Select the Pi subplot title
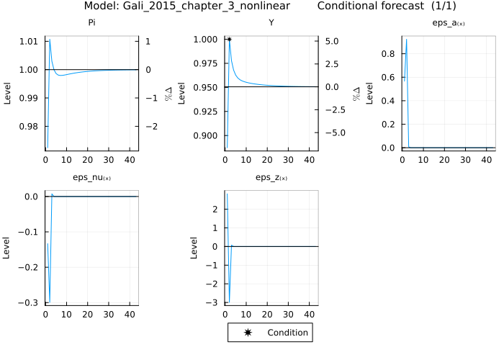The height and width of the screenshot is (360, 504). [x=91, y=22]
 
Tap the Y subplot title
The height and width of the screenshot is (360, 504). [x=271, y=22]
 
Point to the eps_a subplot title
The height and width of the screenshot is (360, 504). [x=448, y=22]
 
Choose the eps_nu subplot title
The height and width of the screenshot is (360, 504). [x=91, y=177]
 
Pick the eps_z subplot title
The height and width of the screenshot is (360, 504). [x=271, y=177]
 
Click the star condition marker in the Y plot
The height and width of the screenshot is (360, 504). [x=229, y=39]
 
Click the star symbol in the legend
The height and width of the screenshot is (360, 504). [x=248, y=333]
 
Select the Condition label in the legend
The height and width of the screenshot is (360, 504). [x=287, y=333]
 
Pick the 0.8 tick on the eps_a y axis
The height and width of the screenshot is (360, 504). [x=390, y=53]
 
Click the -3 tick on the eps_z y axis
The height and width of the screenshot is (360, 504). [x=212, y=302]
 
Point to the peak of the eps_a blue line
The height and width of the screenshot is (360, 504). [x=407, y=39]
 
